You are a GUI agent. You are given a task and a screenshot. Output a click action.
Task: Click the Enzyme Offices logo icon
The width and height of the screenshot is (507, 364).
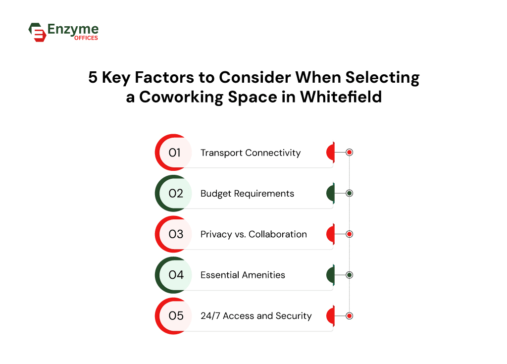pos(37,32)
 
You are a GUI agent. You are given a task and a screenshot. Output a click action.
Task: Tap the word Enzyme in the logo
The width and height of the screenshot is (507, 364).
pos(73,30)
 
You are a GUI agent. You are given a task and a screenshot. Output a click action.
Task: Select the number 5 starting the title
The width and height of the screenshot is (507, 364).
pos(93,78)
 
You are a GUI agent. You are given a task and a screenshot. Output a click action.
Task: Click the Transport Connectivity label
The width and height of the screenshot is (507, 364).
pos(251,153)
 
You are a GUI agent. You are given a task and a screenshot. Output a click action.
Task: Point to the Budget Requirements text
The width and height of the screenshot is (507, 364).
pos(247,193)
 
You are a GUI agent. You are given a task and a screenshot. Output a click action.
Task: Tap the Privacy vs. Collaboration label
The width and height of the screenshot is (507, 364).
pos(253,234)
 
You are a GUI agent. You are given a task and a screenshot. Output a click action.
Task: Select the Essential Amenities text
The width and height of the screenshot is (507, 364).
pos(243,275)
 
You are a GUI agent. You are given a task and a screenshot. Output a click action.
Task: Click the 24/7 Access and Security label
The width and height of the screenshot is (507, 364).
pos(256,315)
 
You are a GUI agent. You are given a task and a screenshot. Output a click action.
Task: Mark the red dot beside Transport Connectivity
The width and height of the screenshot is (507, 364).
pos(349,153)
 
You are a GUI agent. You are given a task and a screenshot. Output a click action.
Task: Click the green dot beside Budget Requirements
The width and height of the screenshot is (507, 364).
pos(349,193)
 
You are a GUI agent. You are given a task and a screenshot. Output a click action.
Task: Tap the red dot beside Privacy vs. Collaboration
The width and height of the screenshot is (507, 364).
pos(349,234)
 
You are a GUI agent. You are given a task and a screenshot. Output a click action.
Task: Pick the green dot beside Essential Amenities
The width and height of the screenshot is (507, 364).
pos(349,275)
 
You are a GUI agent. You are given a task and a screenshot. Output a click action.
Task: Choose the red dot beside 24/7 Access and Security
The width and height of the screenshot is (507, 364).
pos(349,315)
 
